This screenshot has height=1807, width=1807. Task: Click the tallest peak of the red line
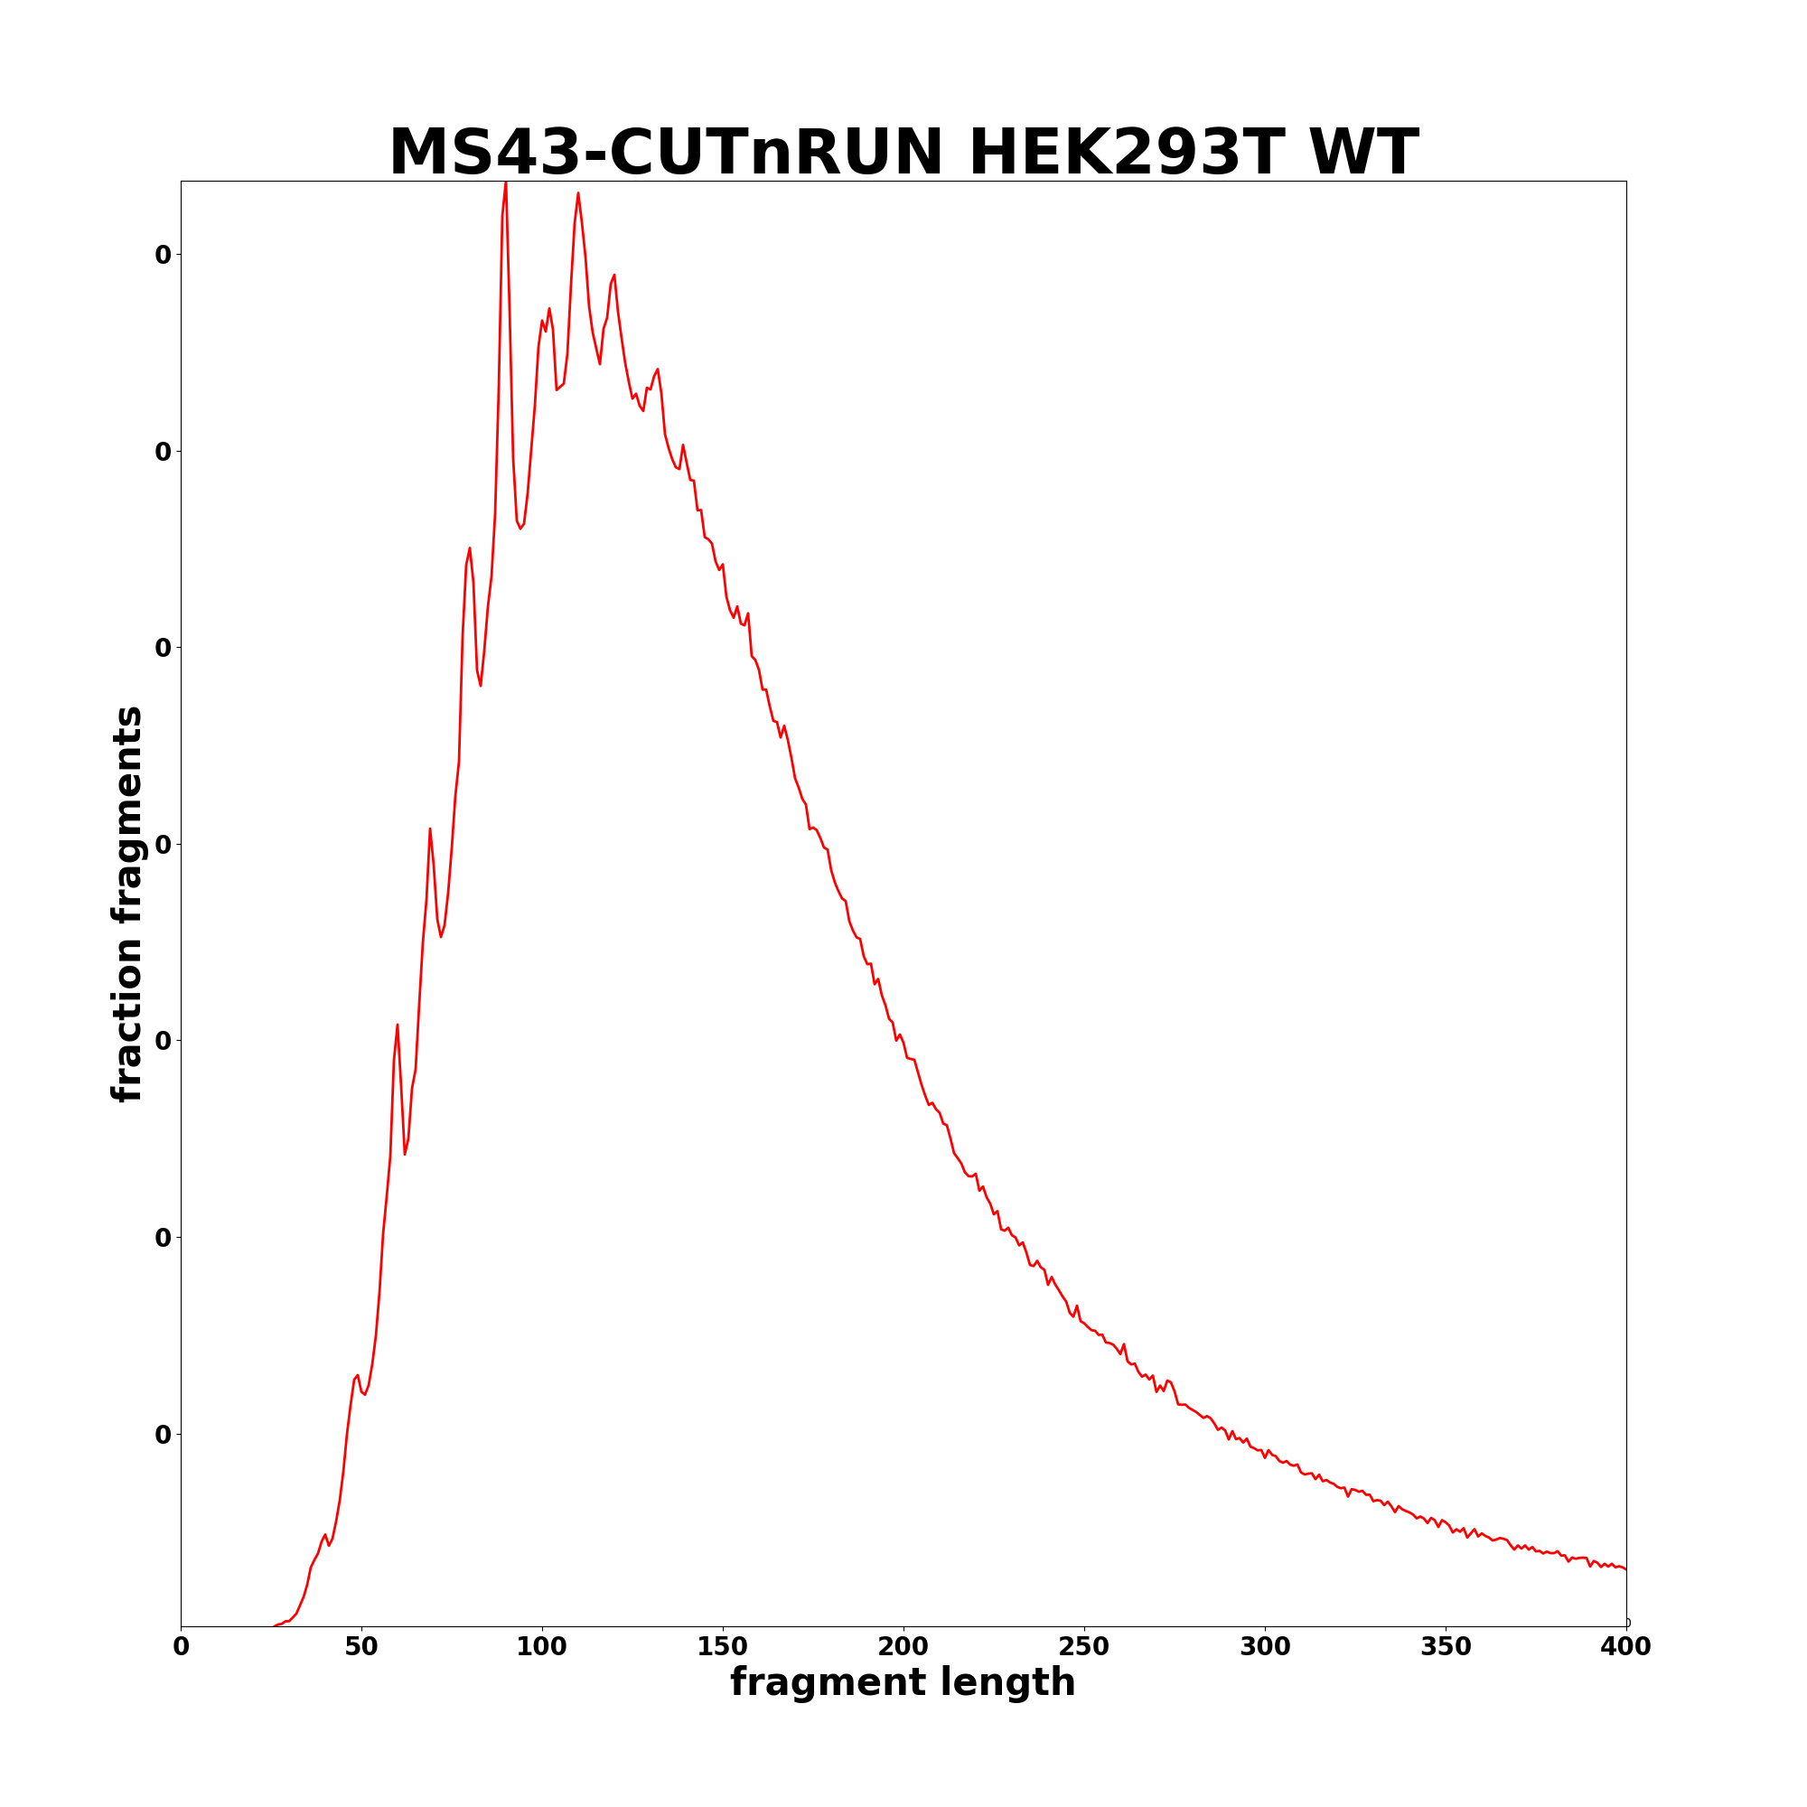coord(505,183)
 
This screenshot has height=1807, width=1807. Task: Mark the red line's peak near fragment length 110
coord(578,193)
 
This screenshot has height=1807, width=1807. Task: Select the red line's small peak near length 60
coord(397,1025)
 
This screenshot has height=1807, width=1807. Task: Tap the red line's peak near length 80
coord(470,549)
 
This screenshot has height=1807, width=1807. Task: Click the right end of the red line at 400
coord(1624,1568)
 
